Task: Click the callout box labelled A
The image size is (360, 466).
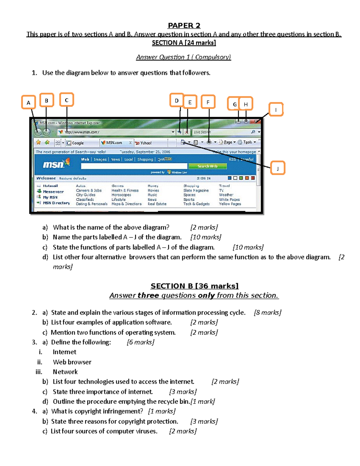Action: tap(28, 102)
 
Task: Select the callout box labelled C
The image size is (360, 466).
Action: tap(67, 100)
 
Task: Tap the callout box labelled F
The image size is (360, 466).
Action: tap(208, 102)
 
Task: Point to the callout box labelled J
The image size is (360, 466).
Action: tap(277, 168)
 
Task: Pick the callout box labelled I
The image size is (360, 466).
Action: tap(276, 110)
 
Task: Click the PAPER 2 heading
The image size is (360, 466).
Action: tap(184, 26)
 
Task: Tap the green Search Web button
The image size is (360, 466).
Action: tap(207, 166)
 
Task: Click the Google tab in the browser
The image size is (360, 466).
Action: tap(78, 143)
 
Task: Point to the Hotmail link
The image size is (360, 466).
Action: tap(50, 186)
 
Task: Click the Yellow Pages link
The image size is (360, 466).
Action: tap(230, 204)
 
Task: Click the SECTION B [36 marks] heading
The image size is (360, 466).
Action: tap(194, 286)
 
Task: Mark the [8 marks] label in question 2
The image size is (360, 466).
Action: tap(268, 313)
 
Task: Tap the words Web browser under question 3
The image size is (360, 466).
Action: tap(72, 362)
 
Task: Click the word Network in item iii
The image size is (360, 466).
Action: tap(65, 372)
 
